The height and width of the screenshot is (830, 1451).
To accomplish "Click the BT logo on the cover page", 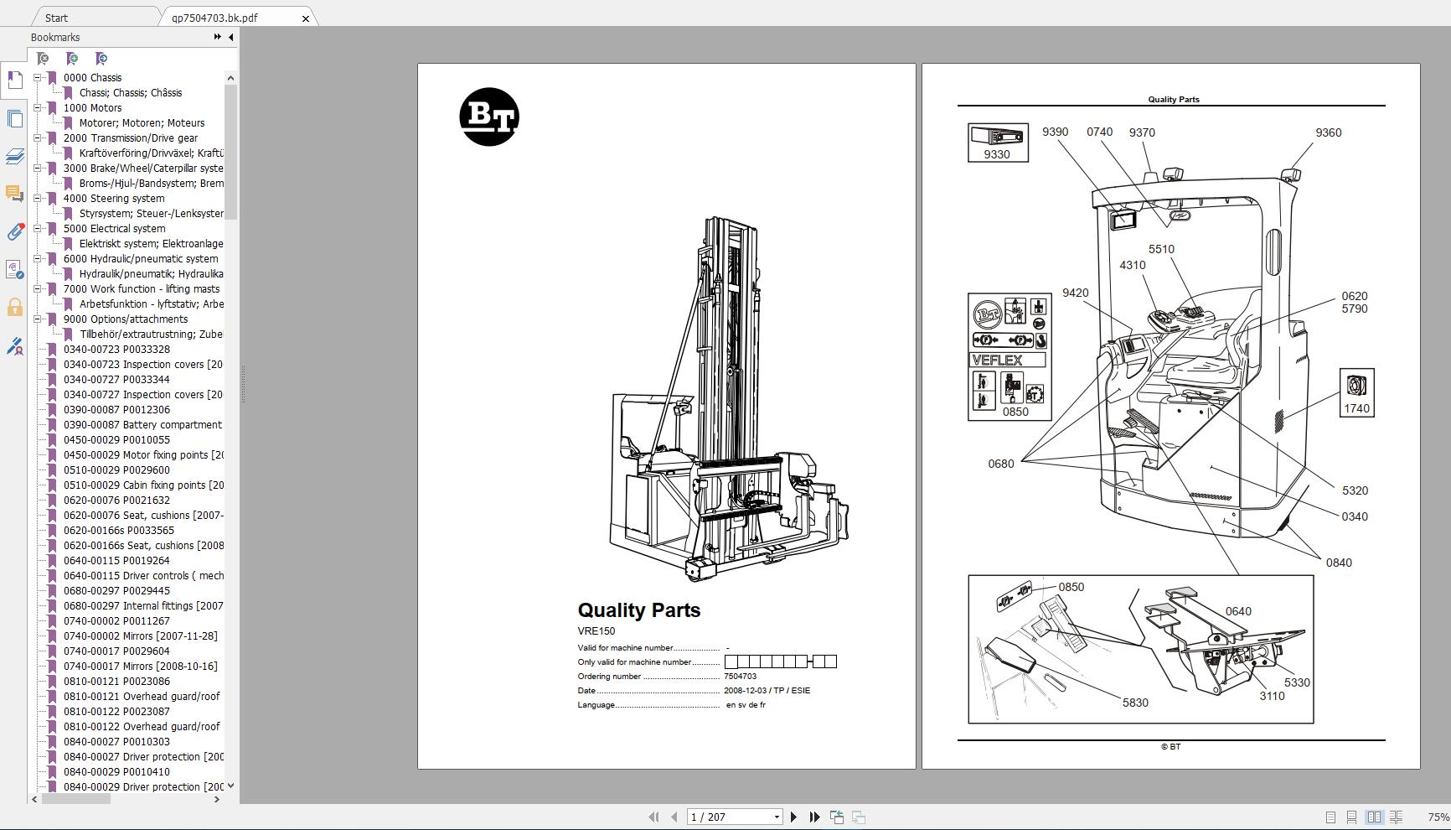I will point(489,117).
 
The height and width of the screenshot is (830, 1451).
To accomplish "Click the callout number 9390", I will point(1055,132).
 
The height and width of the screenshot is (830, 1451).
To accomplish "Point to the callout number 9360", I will point(1328,132).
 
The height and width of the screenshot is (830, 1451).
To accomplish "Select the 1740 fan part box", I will point(1356,392).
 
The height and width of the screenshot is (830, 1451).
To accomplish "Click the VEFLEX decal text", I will point(997,361).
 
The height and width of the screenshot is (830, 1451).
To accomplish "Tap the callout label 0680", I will point(1000,464).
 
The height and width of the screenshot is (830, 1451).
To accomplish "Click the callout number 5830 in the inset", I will point(1135,703).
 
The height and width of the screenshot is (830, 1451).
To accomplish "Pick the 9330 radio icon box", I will point(997,143).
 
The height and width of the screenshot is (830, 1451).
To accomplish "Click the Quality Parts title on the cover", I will point(638,610).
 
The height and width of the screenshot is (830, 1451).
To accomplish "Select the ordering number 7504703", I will point(740,677).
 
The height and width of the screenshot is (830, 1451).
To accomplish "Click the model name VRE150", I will point(596,631).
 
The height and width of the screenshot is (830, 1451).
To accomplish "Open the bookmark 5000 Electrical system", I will point(114,228).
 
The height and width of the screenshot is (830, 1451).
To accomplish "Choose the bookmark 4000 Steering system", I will point(114,198).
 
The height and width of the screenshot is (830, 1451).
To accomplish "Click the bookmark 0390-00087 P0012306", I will point(116,409).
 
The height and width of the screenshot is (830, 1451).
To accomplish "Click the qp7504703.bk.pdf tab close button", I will point(306,18).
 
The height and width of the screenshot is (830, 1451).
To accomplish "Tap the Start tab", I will point(57,18).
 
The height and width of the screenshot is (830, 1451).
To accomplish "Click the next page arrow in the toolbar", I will point(793,817).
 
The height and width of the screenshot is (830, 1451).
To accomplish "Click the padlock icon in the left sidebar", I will point(14,307).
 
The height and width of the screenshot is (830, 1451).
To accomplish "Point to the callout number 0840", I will point(1338,563).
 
